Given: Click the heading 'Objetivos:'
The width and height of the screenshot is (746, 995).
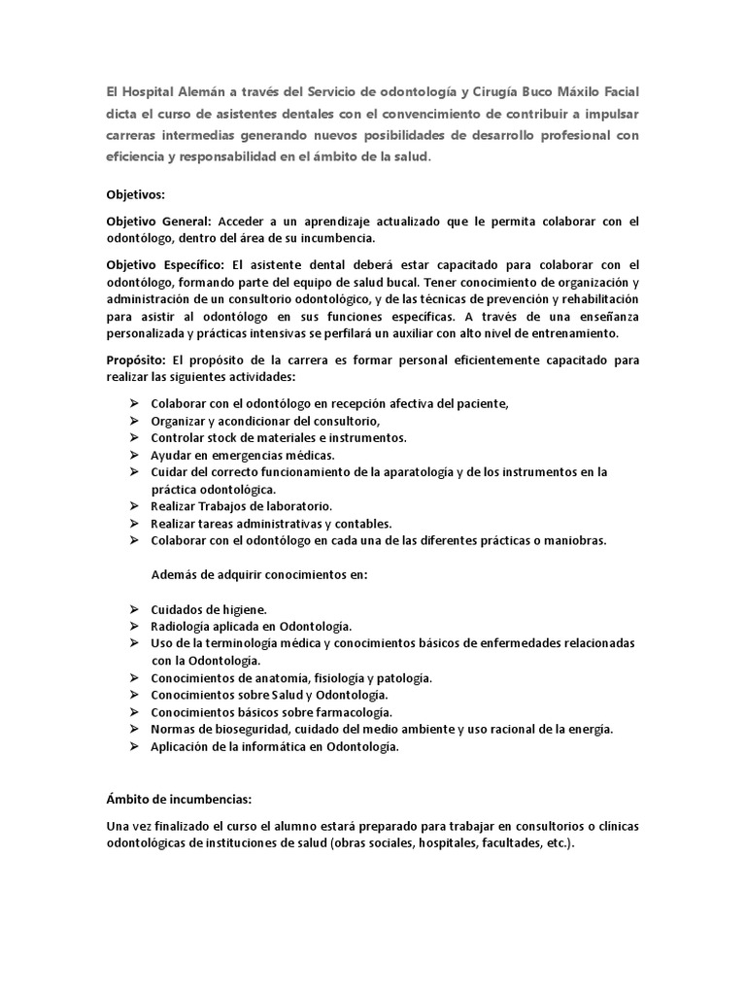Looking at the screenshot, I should click(x=135, y=193).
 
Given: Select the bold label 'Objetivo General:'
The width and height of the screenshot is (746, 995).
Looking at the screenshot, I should click(x=158, y=222).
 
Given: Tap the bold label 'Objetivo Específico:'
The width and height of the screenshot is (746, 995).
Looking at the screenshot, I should click(x=165, y=264).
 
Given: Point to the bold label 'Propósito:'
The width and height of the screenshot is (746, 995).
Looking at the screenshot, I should click(x=137, y=360).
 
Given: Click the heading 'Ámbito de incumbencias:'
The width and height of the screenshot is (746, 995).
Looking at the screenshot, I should click(x=179, y=799).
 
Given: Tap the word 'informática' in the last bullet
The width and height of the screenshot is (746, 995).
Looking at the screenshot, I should click(x=272, y=746).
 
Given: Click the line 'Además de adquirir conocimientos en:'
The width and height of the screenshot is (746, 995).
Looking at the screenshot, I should click(x=259, y=573).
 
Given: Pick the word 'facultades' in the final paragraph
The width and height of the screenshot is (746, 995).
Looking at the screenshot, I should click(x=489, y=842).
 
